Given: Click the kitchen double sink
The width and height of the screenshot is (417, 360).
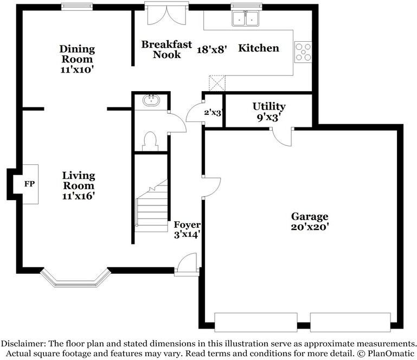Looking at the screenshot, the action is click(246, 18).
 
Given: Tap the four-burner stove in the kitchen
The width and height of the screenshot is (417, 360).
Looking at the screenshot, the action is click(303, 52).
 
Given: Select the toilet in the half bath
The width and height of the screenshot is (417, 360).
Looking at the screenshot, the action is click(150, 141).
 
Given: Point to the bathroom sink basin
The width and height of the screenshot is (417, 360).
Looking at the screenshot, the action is click(151, 100).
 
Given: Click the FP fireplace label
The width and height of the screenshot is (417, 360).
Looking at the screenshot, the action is click(29, 184).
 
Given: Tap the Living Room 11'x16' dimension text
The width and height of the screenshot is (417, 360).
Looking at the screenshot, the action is click(79, 196).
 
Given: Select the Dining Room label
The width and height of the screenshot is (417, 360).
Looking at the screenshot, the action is click(77, 54).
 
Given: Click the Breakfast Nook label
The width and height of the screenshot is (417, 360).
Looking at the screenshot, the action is click(166, 49).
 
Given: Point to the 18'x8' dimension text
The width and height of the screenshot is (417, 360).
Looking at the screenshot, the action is click(211, 49).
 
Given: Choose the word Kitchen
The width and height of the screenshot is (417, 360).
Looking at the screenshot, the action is click(259, 48).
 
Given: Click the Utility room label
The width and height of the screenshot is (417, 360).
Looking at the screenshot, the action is click(269, 106).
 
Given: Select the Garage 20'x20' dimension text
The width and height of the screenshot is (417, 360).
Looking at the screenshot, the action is click(310, 227).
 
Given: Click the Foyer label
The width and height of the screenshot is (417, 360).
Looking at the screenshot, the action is click(187, 224).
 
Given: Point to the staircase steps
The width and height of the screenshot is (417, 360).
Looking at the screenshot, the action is click(152, 205).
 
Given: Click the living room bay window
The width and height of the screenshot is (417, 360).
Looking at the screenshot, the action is click(75, 279).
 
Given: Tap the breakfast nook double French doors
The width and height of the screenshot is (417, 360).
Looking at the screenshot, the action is click(167, 15).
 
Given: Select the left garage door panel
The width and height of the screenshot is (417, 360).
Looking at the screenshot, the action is click(256, 322).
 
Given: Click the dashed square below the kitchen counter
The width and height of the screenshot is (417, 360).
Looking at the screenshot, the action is click(217, 83).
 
